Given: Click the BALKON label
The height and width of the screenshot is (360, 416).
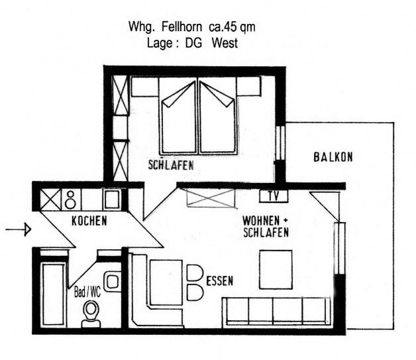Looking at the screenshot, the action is pyautogui.click(x=333, y=157).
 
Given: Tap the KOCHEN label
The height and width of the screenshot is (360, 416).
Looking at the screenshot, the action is pyautogui.click(x=89, y=221).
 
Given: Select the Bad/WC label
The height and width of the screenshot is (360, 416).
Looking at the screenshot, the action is pyautogui.click(x=87, y=292).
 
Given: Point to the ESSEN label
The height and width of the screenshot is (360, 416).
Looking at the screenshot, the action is pyautogui.click(x=220, y=280).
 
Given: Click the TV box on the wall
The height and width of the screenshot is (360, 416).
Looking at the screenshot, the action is pyautogui.click(x=274, y=196).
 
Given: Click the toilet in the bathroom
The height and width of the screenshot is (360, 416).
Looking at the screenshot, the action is pyautogui.click(x=91, y=314).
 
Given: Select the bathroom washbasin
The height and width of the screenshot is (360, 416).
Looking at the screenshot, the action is pyautogui.click(x=113, y=281).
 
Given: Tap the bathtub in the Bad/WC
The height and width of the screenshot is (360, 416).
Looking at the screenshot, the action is pyautogui.click(x=54, y=294).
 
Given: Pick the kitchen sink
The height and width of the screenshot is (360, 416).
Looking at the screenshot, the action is pyautogui.click(x=112, y=199).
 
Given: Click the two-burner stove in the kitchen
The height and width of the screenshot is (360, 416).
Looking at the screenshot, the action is pyautogui.click(x=71, y=200).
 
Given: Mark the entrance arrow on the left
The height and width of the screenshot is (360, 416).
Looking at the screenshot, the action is pyautogui.click(x=19, y=229).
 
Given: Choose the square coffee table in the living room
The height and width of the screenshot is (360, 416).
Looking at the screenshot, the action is pyautogui.click(x=276, y=269).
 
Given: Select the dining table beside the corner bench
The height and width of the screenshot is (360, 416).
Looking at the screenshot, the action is pyautogui.click(x=166, y=282).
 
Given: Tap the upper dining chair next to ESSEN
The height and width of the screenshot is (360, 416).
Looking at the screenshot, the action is pyautogui.click(x=195, y=273).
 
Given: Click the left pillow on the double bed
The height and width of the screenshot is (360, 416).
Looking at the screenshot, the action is pyautogui.click(x=179, y=94).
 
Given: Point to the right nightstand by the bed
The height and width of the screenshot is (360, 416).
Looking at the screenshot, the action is pyautogui.click(x=248, y=86).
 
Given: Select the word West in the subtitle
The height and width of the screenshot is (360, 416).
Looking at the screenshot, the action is pyautogui.click(x=225, y=43).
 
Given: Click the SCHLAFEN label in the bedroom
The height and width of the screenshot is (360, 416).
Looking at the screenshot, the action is pyautogui.click(x=171, y=165).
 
